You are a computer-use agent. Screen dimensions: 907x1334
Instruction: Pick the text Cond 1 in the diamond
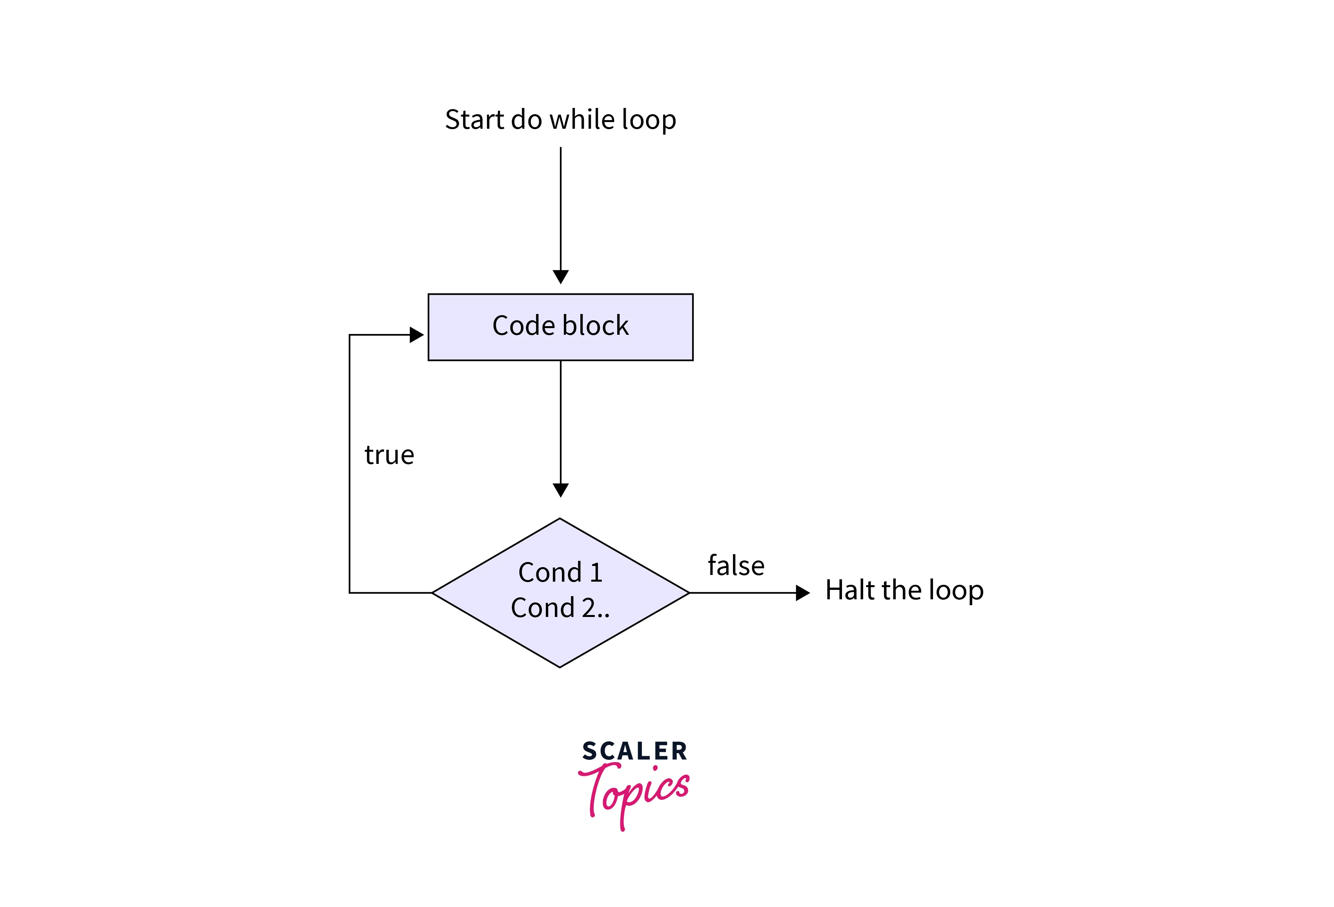(x=560, y=572)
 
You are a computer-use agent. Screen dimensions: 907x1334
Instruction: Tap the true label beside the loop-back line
(x=389, y=455)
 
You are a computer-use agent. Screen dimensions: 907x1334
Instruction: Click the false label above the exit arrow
(x=736, y=566)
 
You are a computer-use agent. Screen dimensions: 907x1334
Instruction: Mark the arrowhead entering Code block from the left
(x=416, y=335)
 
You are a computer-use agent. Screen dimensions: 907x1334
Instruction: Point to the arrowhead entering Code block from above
(x=560, y=277)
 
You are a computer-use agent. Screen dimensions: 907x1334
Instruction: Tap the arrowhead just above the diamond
(x=560, y=490)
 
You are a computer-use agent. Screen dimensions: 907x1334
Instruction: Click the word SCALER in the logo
(x=634, y=751)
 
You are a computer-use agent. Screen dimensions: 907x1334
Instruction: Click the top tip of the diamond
(x=559, y=520)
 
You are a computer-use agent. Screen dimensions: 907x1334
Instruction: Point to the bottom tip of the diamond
(x=559, y=666)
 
